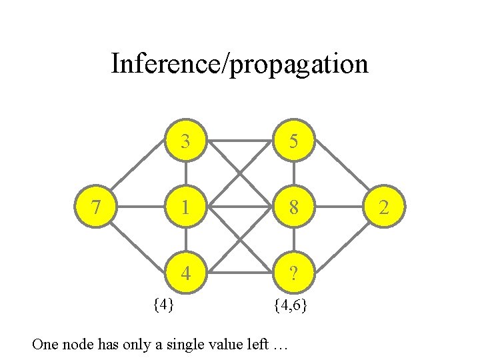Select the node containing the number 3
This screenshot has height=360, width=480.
pos(186,141)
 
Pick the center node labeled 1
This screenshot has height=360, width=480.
pos(186,207)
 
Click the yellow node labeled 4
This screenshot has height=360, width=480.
pos(186,273)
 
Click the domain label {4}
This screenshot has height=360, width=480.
pos(163,305)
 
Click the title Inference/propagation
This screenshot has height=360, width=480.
pos(239,64)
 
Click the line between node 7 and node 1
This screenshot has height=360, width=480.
pos(142,207)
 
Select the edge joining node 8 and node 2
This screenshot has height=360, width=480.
pos(339,207)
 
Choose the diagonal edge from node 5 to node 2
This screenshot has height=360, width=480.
pos(341,171)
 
